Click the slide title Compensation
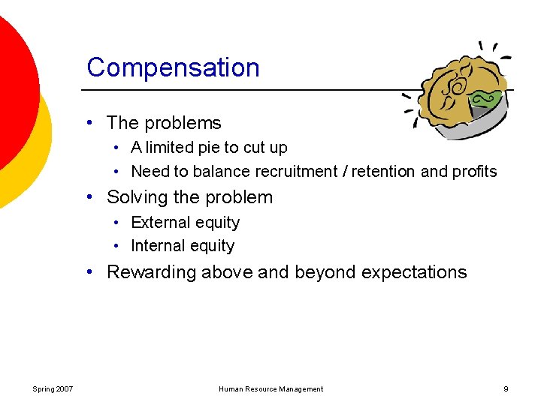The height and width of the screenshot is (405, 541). (173, 67)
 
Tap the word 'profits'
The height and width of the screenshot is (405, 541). (474, 172)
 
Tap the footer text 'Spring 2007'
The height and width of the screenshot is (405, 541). (53, 389)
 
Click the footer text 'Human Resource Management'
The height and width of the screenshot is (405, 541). (270, 389)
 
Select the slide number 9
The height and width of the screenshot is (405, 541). (506, 389)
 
